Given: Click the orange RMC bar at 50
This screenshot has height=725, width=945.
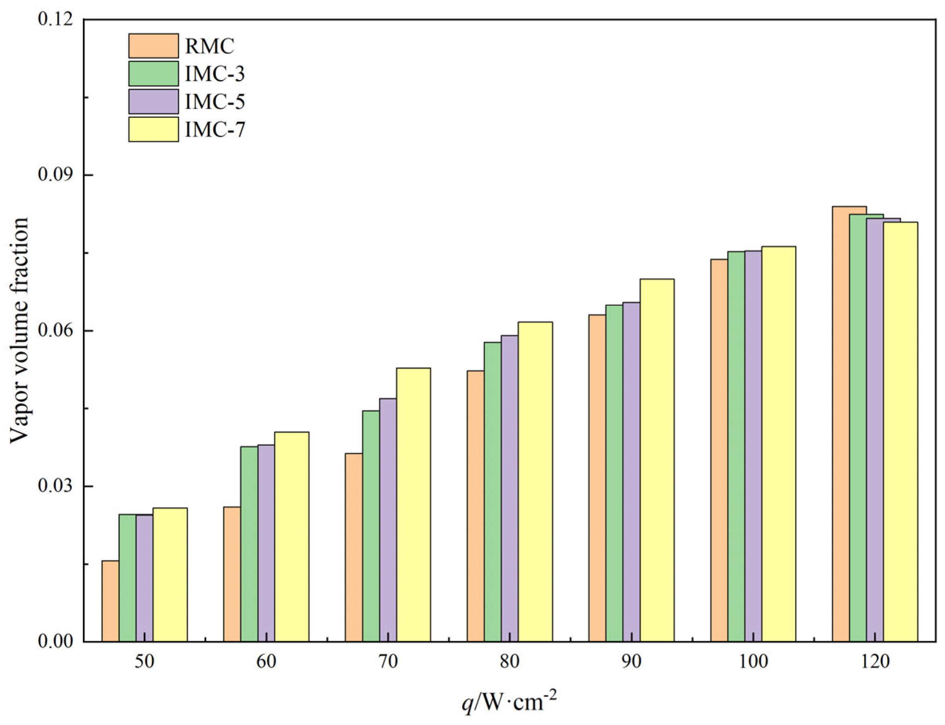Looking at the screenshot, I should (x=111, y=601).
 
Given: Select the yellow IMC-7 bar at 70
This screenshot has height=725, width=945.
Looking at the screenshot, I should (x=413, y=505).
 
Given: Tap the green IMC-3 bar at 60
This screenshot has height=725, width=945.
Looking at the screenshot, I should (x=249, y=544).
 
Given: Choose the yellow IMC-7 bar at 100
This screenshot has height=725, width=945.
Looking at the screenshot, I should (x=778, y=444).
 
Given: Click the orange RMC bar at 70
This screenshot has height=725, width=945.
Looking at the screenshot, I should (x=354, y=547).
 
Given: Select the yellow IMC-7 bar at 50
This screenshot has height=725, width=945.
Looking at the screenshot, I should (x=170, y=574).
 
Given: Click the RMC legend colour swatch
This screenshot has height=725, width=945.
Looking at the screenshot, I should (x=153, y=46).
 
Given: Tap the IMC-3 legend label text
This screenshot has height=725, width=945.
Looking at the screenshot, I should (x=215, y=74).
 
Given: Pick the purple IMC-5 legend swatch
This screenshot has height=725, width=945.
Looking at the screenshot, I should (x=153, y=101).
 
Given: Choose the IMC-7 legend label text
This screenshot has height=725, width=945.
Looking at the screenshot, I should (x=215, y=129).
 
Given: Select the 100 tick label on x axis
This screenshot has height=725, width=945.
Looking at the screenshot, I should (x=753, y=662).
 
